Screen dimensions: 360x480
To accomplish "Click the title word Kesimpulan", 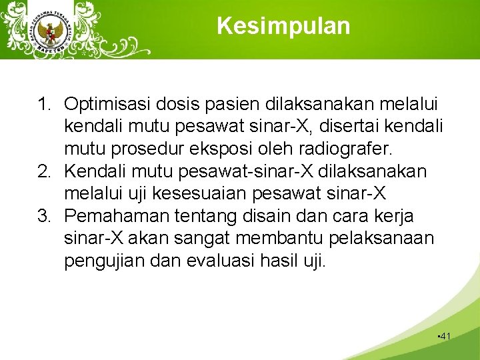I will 283,26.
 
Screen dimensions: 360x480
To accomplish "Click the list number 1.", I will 44,105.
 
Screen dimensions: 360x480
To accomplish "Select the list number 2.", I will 44,171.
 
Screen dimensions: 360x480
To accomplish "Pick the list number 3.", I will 44,216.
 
